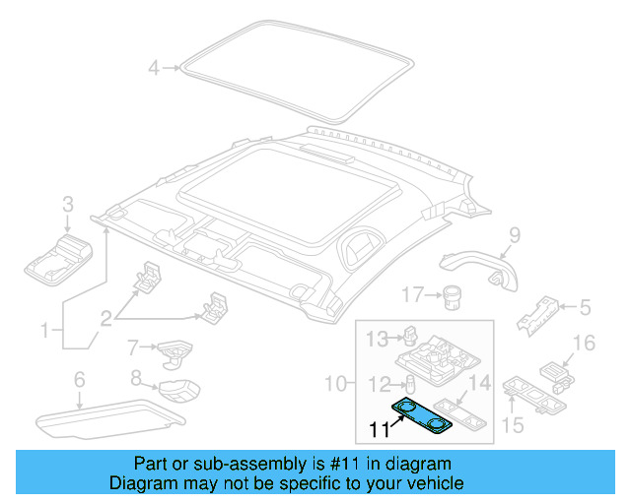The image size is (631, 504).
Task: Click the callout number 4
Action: (153, 68)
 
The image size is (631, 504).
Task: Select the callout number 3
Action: (68, 205)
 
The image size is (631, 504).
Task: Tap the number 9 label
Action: (514, 234)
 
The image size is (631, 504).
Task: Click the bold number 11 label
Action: (380, 429)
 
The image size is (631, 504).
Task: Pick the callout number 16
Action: (584, 343)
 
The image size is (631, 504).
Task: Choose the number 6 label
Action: (79, 380)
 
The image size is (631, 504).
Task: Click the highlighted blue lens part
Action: (421, 414)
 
